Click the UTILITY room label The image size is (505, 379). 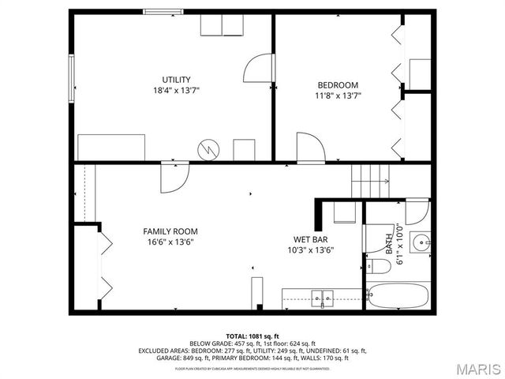click(176, 80)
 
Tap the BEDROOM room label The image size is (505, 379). click(338, 85)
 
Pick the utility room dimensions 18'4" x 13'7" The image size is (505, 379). click(176, 91)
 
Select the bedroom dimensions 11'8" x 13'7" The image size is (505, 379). click(338, 96)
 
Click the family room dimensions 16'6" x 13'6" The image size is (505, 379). click(170, 242)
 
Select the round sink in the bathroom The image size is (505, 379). click(421, 242)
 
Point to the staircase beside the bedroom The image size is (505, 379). click(371, 182)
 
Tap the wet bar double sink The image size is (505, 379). click(322, 298)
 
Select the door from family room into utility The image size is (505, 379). click(174, 178)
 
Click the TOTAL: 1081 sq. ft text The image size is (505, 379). click(252, 336)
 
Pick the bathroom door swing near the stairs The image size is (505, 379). click(417, 212)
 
